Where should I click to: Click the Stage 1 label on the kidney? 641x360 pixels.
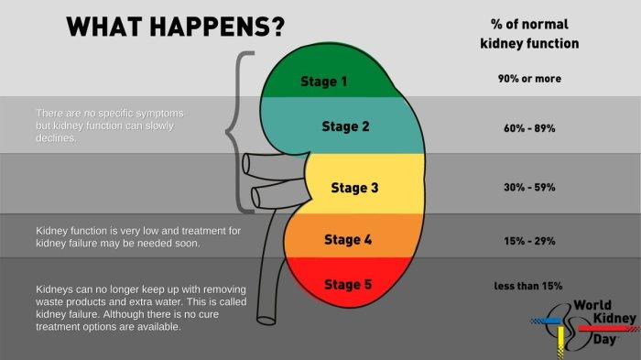(x=324, y=82)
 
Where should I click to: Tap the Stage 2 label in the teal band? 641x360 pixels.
(x=345, y=126)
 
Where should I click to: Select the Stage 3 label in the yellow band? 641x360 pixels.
(x=354, y=188)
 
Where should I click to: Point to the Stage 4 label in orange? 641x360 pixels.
(x=348, y=240)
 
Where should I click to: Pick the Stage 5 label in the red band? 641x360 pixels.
(x=348, y=285)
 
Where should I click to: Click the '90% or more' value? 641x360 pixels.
(x=529, y=79)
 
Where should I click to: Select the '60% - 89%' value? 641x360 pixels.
(x=529, y=128)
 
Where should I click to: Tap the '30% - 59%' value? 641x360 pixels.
(x=529, y=188)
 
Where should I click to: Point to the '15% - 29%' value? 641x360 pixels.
(x=529, y=241)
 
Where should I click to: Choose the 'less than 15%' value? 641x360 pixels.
(x=528, y=286)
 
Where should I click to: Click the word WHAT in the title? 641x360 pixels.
(x=103, y=27)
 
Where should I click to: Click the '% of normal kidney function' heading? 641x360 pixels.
(x=529, y=34)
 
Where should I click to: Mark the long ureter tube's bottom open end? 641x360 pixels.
(x=266, y=320)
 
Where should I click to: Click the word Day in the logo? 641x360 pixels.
(x=604, y=339)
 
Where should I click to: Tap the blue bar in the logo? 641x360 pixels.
(x=547, y=322)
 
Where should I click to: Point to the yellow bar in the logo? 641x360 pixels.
(x=560, y=343)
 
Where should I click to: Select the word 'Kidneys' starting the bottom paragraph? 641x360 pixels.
(x=51, y=289)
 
